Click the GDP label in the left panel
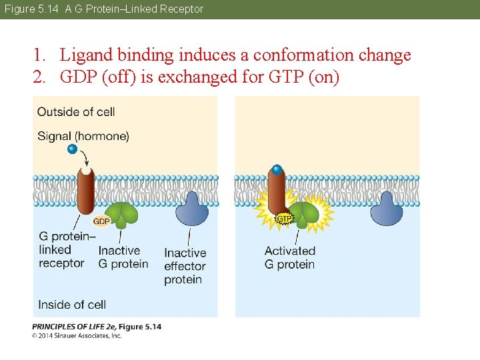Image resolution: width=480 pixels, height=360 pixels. (x=101, y=221)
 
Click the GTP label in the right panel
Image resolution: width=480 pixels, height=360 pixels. (x=285, y=218)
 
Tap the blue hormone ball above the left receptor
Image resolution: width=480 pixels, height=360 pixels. (x=73, y=149)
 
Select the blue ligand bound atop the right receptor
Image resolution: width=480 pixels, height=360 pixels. (x=277, y=169)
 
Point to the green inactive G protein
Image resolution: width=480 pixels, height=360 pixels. (x=123, y=213)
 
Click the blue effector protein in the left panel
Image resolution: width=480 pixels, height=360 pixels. (x=192, y=209)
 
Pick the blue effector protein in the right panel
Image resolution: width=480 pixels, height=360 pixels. (x=387, y=209)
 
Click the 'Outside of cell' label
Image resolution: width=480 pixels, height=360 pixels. (x=76, y=111)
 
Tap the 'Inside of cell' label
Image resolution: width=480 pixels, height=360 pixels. (x=72, y=305)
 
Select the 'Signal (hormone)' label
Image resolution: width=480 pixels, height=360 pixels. (x=83, y=136)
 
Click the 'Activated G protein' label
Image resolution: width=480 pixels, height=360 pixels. (x=290, y=257)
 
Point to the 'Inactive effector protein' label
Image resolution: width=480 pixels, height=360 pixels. (x=185, y=266)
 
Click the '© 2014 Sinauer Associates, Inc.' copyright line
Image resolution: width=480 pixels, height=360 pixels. (x=77, y=335)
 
